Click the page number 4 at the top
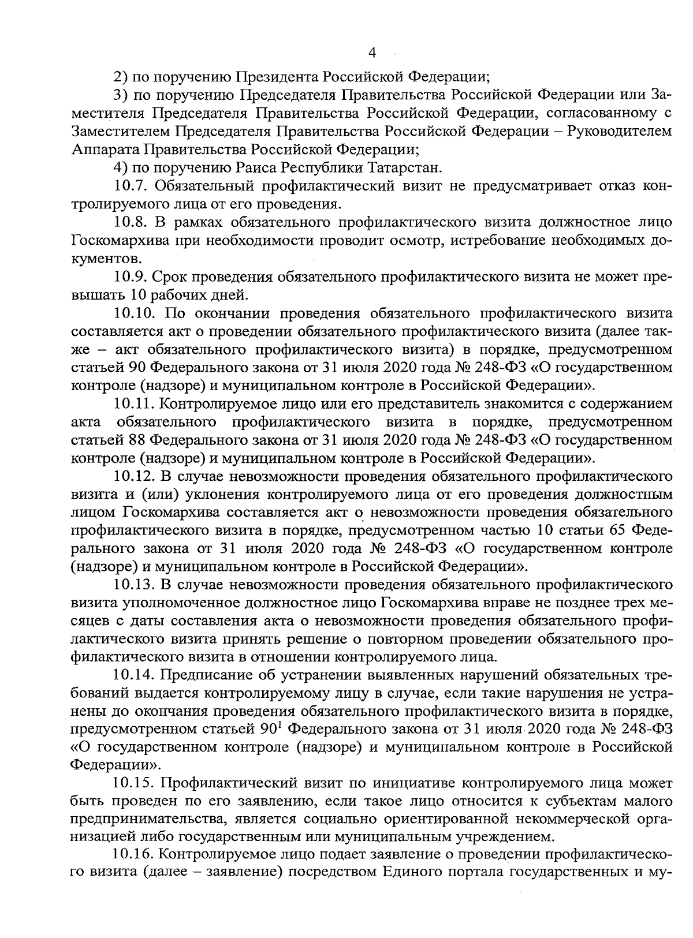pyautogui.click(x=372, y=53)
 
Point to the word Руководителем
pyautogui.click(x=620, y=131)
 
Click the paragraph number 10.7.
pyautogui.click(x=131, y=186)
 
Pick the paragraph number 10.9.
pyautogui.click(x=131, y=277)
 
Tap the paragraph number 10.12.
pyautogui.click(x=135, y=477)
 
